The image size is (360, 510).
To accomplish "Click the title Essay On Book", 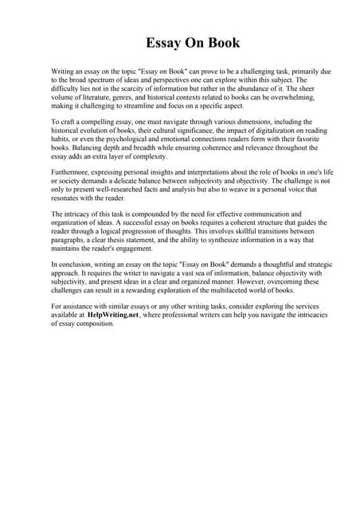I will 180,43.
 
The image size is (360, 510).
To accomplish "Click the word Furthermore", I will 72,171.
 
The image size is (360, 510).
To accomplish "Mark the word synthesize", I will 225,240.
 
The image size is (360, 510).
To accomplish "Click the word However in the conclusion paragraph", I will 243,281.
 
